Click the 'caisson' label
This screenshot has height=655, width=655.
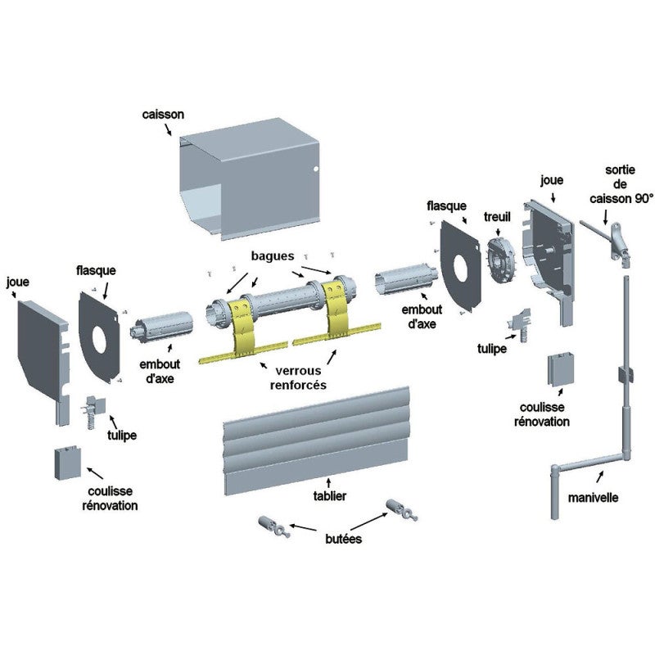(x=163, y=115)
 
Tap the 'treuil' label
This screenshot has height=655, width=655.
(x=497, y=217)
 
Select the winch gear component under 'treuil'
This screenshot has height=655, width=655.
(x=502, y=261)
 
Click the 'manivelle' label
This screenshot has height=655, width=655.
(x=593, y=498)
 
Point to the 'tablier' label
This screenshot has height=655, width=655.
(x=330, y=496)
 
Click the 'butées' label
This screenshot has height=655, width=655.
(x=343, y=539)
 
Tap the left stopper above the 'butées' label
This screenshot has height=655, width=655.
(x=274, y=526)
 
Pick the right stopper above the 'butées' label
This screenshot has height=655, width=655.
(x=401, y=509)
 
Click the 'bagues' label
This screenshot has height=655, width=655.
(x=273, y=256)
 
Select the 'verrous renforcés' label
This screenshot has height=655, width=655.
(x=298, y=377)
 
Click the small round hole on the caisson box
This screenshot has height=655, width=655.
(x=316, y=169)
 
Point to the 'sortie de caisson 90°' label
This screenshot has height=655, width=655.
(x=621, y=184)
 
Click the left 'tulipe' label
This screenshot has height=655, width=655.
(x=122, y=436)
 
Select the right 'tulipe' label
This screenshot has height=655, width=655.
(x=492, y=349)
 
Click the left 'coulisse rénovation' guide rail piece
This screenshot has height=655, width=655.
(x=67, y=463)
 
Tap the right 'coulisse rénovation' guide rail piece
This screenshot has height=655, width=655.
(x=561, y=369)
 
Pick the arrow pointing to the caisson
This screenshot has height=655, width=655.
(x=166, y=129)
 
